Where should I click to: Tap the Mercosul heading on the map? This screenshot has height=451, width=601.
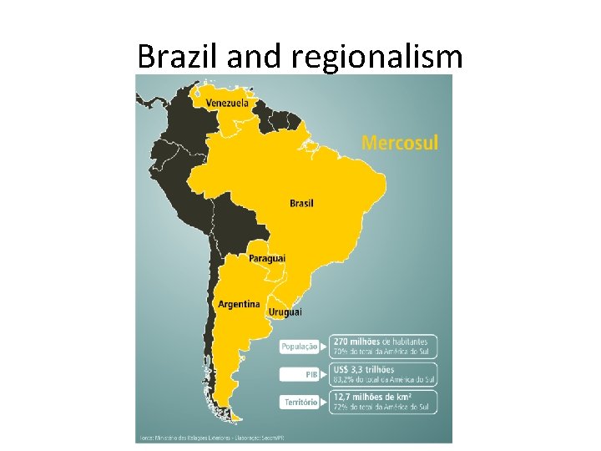point(400,143)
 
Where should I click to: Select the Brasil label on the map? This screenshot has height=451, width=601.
point(302,203)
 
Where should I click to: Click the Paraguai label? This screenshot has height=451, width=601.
point(267,259)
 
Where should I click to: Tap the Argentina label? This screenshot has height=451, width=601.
point(239,304)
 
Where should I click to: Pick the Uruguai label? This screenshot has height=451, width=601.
point(285,312)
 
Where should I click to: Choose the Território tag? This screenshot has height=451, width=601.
point(300,402)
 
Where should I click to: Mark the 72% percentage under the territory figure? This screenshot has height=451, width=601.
point(342,407)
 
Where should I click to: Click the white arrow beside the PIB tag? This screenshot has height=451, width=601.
point(324,374)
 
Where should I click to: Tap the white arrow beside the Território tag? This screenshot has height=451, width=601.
point(324,402)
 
